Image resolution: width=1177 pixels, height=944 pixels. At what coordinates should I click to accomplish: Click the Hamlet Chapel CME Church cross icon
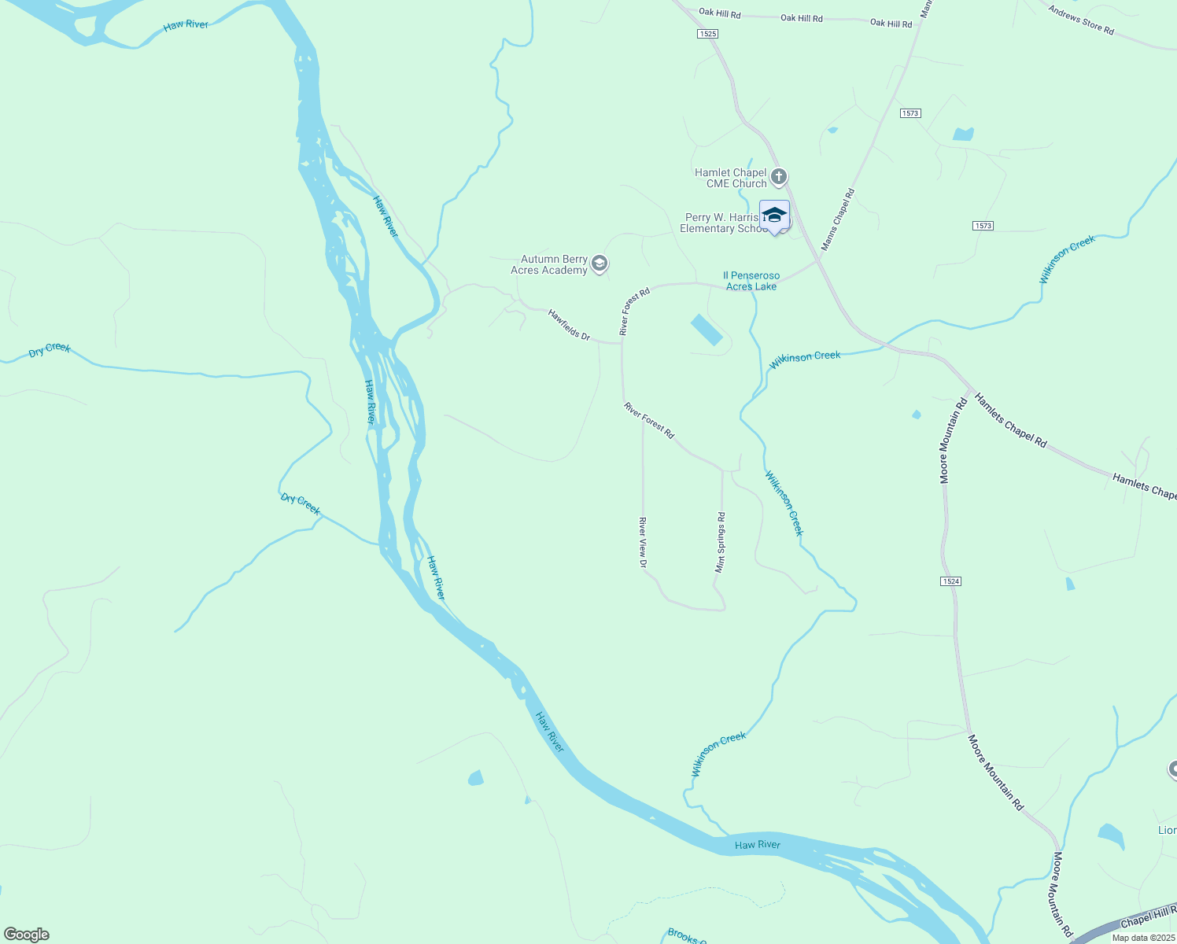(x=779, y=177)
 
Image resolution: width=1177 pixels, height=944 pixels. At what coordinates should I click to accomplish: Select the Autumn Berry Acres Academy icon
(x=600, y=264)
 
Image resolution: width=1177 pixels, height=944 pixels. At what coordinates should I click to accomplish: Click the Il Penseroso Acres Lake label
(x=751, y=281)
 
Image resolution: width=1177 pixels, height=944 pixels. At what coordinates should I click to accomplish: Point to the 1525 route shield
(x=707, y=34)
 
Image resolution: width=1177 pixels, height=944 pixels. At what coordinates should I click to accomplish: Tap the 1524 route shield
(x=950, y=581)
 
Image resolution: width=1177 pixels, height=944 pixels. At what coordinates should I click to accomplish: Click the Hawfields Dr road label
(x=569, y=324)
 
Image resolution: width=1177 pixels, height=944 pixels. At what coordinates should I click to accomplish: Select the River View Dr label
(x=643, y=542)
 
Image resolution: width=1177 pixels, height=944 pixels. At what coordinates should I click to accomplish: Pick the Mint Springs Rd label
(x=720, y=542)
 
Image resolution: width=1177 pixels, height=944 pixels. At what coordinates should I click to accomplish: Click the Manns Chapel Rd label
(x=837, y=220)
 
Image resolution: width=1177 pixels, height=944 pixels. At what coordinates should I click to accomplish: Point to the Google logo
(x=26, y=935)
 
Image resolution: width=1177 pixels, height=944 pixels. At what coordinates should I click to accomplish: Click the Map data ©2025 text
(x=1143, y=938)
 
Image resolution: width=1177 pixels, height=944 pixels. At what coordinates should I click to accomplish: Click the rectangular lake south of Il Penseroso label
(x=707, y=330)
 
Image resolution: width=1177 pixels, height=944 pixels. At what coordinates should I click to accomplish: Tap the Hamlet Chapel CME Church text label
(x=730, y=178)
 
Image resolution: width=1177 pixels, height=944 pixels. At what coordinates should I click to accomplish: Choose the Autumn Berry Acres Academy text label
(x=549, y=264)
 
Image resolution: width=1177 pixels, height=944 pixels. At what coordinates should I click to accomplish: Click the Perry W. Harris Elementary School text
(x=722, y=223)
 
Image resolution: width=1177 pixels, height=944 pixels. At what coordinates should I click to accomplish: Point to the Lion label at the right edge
(x=1167, y=830)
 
